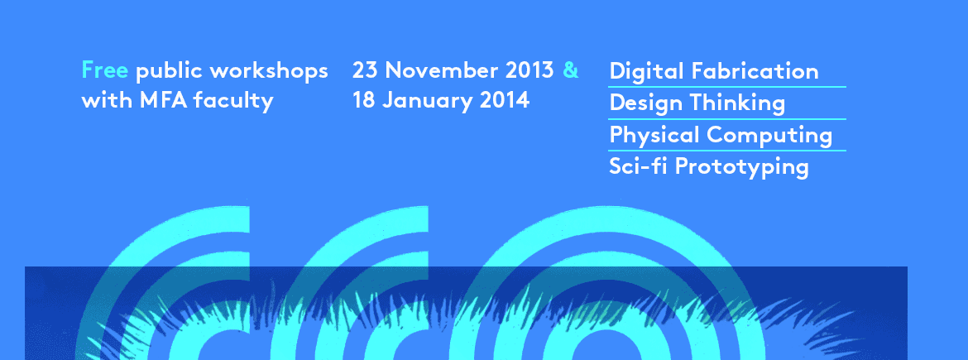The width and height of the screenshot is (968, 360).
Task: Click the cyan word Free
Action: pyautogui.click(x=104, y=70)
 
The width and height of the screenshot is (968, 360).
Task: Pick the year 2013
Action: pyautogui.click(x=529, y=70)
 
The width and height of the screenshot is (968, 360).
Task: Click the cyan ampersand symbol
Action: pyautogui.click(x=570, y=70)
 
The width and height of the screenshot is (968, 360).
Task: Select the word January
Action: pyautogui.click(x=427, y=101)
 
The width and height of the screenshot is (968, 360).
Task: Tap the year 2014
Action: pyautogui.click(x=505, y=99)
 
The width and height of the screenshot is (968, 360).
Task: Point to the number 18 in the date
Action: pyautogui.click(x=363, y=99)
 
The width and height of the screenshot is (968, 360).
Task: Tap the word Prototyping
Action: pyautogui.click(x=740, y=167)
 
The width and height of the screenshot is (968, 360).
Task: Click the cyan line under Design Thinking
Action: pyautogui.click(x=726, y=119)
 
